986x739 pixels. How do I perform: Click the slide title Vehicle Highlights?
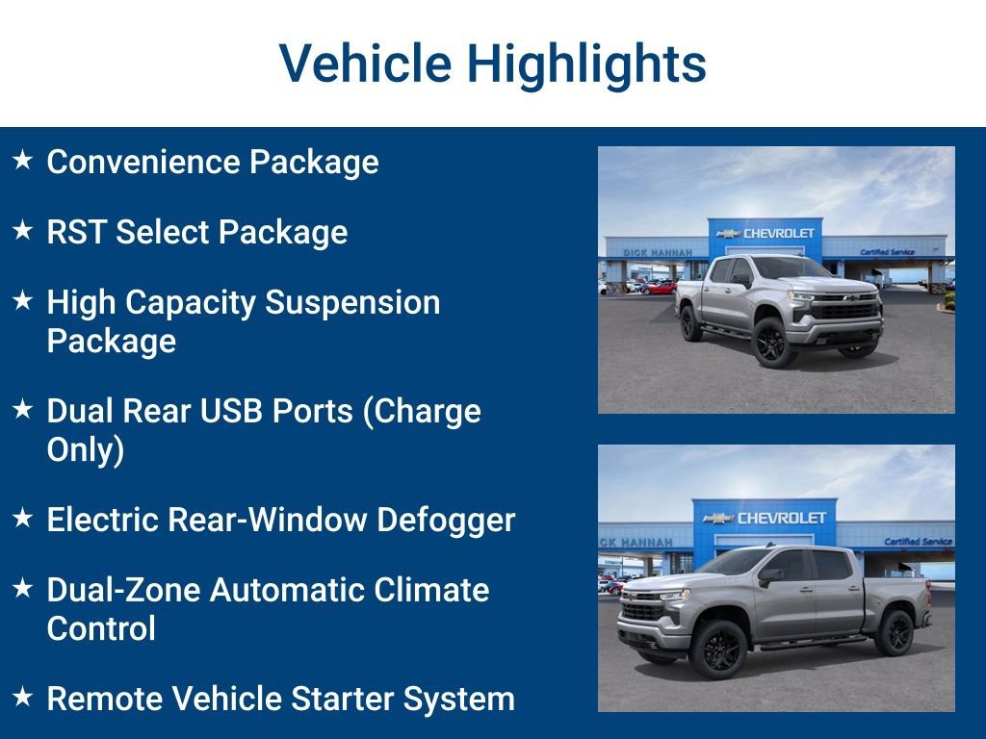pyautogui.click(x=493, y=64)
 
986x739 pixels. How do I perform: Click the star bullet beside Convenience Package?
pyautogui.click(x=23, y=161)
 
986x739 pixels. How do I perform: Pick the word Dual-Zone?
pyautogui.click(x=121, y=590)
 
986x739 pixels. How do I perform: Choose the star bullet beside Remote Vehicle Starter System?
pyautogui.click(x=23, y=698)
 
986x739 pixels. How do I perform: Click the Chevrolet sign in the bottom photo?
pyautogui.click(x=765, y=518)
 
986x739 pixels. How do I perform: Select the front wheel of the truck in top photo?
pyautogui.click(x=772, y=342)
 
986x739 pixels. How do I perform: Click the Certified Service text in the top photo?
pyautogui.click(x=887, y=252)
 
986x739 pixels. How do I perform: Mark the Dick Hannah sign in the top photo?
pyautogui.click(x=657, y=252)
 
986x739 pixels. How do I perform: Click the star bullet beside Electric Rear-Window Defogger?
pyautogui.click(x=23, y=519)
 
